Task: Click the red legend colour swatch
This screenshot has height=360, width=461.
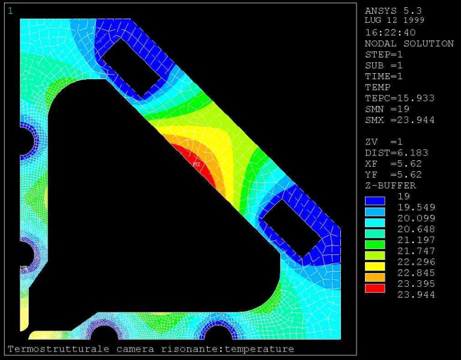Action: point(375,288)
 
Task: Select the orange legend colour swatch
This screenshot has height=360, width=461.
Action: point(375,277)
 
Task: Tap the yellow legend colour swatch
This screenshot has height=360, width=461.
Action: point(375,266)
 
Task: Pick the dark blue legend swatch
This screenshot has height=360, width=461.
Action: point(375,201)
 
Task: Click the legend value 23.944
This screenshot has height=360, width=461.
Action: point(416,295)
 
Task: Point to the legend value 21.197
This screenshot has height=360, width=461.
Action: point(416,240)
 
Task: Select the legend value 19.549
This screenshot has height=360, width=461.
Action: point(416,207)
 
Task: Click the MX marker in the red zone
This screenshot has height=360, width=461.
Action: point(196,164)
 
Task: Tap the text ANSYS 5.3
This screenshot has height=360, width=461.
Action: point(393,11)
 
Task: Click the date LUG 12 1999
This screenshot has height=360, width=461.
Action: point(394,20)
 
